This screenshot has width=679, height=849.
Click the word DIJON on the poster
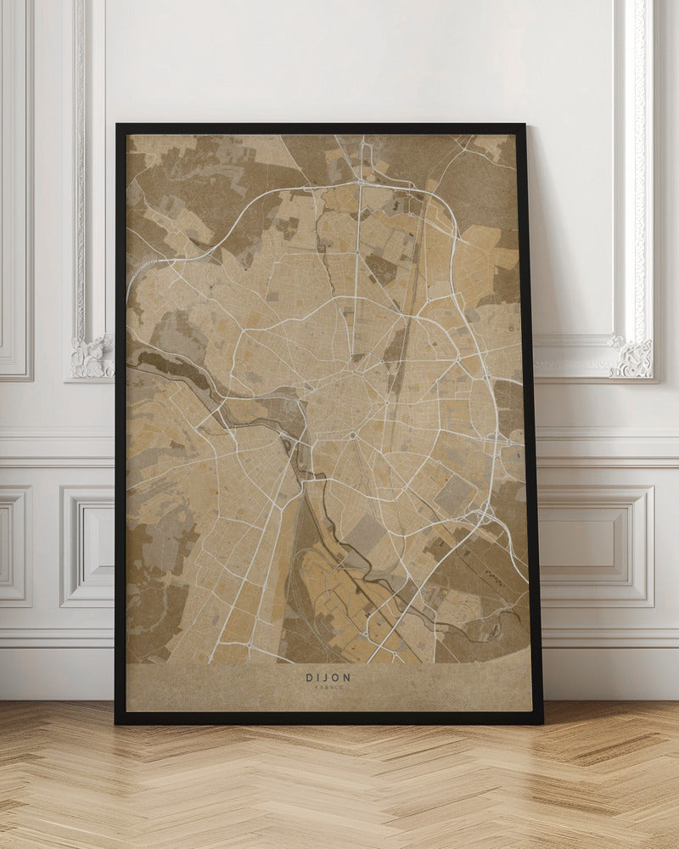coord(328,678)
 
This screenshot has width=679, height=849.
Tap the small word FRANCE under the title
coord(328,689)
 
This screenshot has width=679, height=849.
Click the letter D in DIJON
coord(308,678)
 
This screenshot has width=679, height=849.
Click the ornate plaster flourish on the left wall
coord(91,357)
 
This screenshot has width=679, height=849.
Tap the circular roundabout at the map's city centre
coord(352,436)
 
